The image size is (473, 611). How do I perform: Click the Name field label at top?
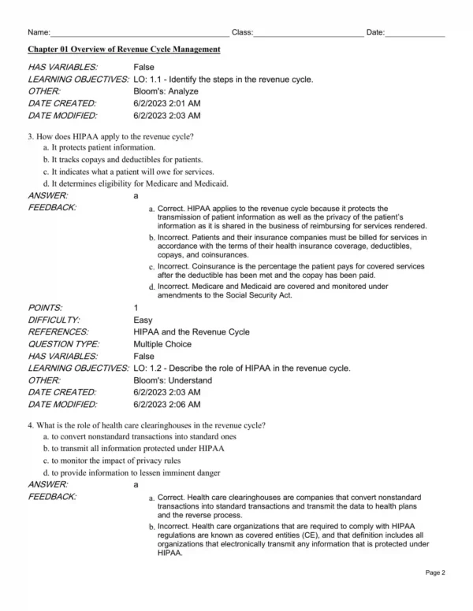coord(38,32)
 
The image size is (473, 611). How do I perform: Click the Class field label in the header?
coord(241,32)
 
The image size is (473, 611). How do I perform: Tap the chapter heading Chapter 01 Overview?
coord(124,50)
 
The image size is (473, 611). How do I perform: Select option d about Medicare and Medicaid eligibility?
coord(136,183)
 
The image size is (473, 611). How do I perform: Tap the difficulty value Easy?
coord(143,320)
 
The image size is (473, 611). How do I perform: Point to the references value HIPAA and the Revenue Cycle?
coord(192,331)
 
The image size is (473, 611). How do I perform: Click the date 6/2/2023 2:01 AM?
coord(167,103)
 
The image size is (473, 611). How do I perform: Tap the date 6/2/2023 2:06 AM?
coord(167,404)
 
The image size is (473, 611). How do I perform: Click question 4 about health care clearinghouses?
coord(146,425)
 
